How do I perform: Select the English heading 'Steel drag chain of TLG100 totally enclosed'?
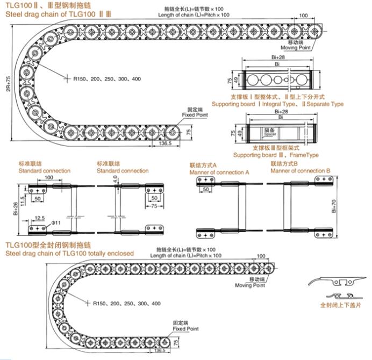pos(70,253)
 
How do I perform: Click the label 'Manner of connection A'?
pos(219,172)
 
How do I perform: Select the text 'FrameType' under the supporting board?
pos(304,155)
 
